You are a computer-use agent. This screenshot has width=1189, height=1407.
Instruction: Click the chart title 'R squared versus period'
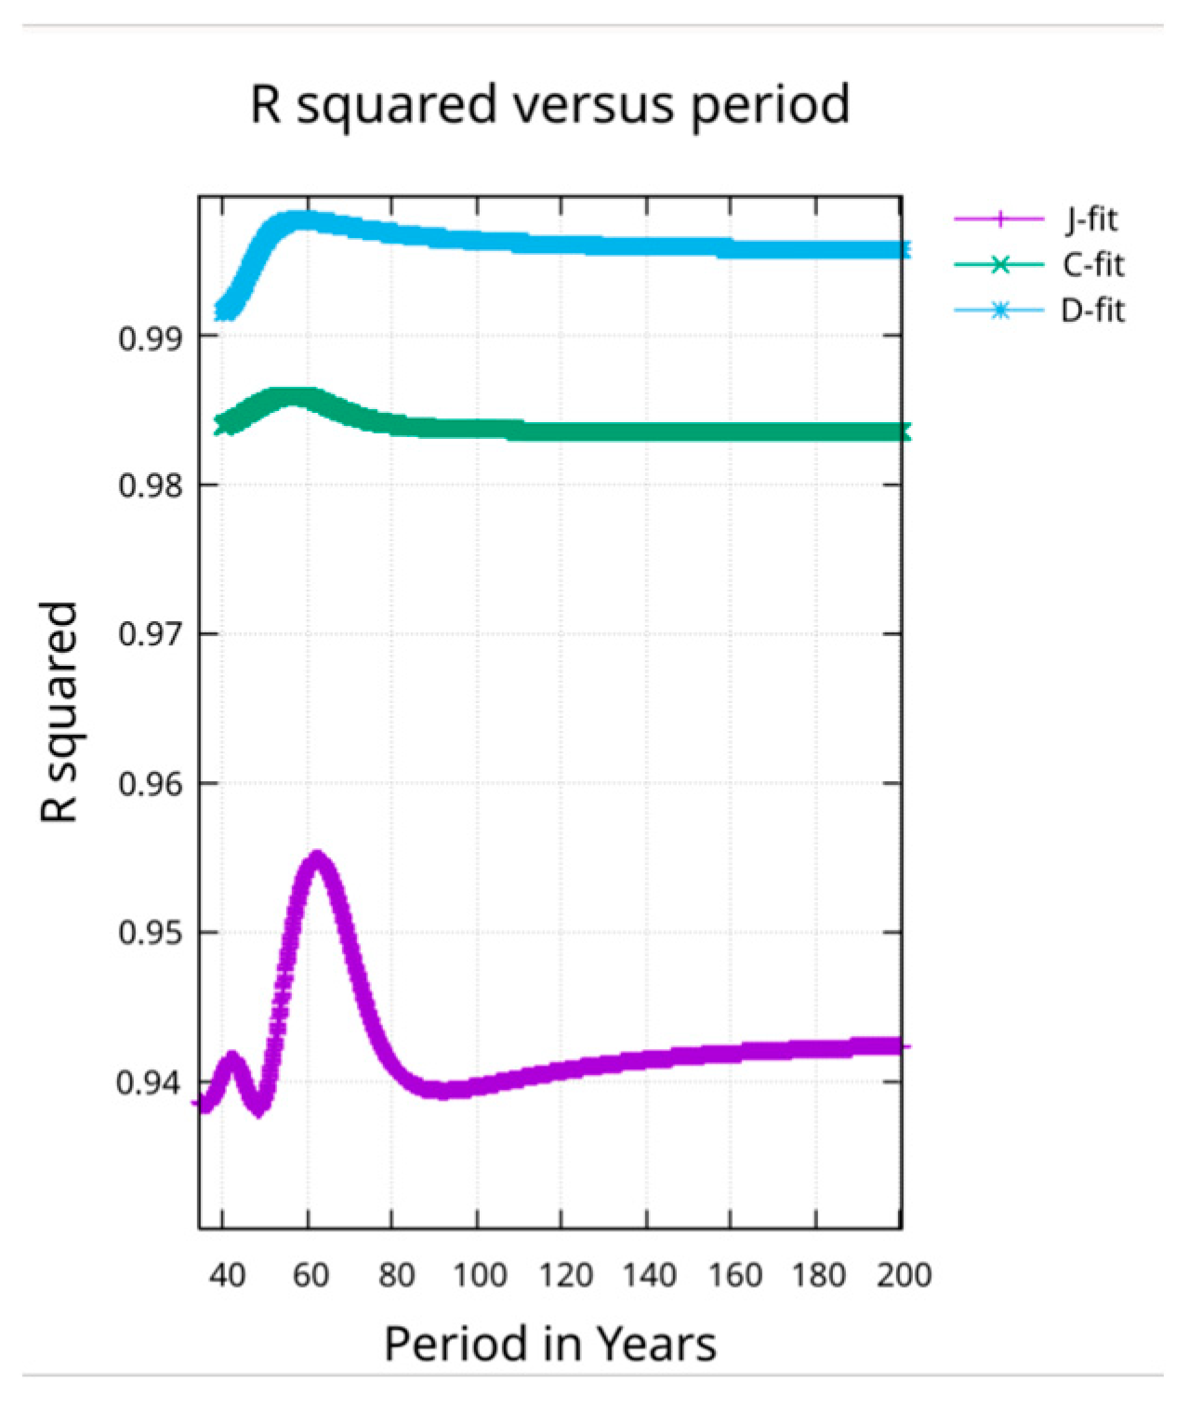[x=549, y=104]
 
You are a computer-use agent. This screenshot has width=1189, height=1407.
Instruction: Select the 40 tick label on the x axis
[x=226, y=1275]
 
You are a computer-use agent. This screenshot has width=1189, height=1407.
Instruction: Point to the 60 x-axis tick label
[x=310, y=1275]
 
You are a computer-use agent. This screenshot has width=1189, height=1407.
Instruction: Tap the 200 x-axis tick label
[x=903, y=1275]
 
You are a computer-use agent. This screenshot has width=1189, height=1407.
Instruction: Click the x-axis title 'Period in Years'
[x=549, y=1345]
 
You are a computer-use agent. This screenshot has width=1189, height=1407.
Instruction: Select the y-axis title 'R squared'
[x=59, y=711]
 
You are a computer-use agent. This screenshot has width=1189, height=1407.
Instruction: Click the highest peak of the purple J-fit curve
[x=316, y=857]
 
